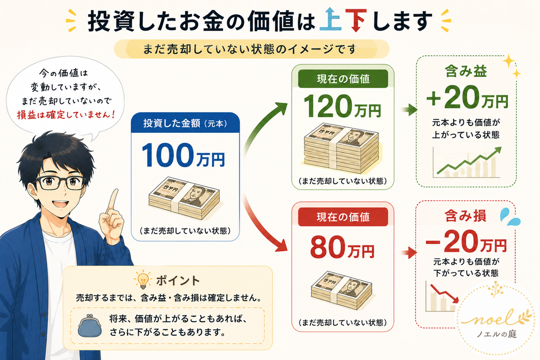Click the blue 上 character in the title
[x=330, y=20]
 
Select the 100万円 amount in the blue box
[x=183, y=155]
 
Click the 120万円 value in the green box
[x=342, y=106]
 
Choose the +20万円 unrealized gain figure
[x=467, y=98]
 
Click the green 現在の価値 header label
[x=343, y=79]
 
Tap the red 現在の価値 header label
[x=343, y=217]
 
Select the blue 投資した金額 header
[x=185, y=123]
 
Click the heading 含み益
[x=466, y=71]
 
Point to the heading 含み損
[x=465, y=216]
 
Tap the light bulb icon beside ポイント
[x=142, y=279]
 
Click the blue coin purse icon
[x=90, y=325]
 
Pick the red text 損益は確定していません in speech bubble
[x=65, y=114]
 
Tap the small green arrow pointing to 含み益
[x=409, y=110]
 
